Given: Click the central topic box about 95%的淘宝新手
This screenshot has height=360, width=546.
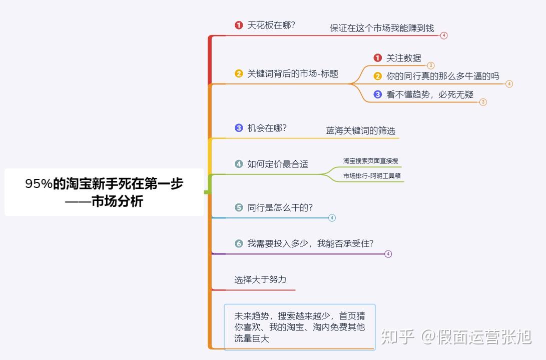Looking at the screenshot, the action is coord(104,192).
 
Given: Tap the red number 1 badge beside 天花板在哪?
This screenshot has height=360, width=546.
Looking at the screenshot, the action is coord(239,25).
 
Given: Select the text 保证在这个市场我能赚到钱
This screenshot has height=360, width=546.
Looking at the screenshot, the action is coord(382,28).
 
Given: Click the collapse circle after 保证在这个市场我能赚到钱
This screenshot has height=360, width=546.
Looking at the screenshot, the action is coord(444,35).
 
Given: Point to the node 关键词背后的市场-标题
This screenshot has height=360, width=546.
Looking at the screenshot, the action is coord(293,73).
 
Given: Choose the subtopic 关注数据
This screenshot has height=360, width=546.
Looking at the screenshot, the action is coord(403,58).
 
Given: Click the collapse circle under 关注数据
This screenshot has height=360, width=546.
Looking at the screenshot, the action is coord(431,65).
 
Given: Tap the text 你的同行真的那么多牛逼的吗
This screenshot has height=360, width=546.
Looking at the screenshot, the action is coord(443,76).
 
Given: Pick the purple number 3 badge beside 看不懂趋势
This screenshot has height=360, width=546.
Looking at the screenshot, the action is coord(378,94).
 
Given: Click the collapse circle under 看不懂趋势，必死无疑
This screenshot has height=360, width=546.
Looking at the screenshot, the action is coord(483,102).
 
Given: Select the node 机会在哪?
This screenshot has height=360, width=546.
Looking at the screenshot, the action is coord(267,127).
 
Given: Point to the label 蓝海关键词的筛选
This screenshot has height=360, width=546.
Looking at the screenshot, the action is coord(360,130).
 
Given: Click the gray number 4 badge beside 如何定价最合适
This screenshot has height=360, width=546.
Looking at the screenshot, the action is coord(239,163).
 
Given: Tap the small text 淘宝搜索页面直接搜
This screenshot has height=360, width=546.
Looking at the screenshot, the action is coord(371,160).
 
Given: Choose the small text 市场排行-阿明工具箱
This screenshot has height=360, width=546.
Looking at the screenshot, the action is coord(372,175).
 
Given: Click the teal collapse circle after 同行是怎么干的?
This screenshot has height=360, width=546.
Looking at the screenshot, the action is coord(332,218).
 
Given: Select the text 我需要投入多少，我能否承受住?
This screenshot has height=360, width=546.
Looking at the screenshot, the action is coord(310,243).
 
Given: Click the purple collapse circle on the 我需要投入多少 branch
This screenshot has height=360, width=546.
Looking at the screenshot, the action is coord(388,254).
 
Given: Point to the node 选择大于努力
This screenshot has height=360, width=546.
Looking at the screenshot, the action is coord(260,279).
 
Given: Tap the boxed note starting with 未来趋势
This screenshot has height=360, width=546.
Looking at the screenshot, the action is coord(299,327).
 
